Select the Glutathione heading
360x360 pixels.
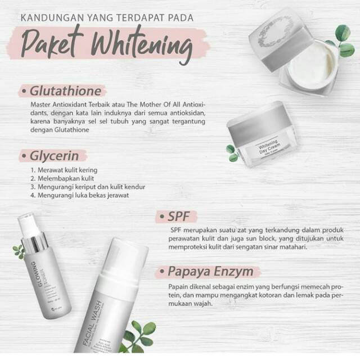(x=66, y=91)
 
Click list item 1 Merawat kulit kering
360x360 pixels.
(x=64, y=170)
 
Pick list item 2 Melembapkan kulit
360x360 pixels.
(x=62, y=178)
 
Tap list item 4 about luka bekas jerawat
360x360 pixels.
(x=79, y=195)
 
